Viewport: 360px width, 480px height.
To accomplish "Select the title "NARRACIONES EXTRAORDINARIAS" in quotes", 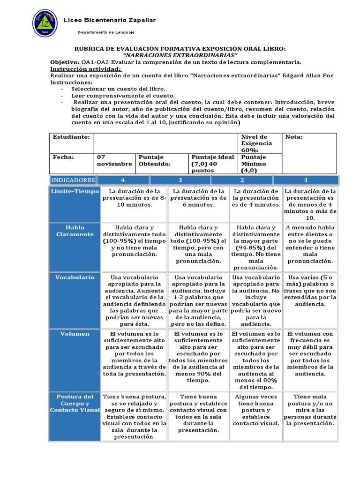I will click(x=180, y=55).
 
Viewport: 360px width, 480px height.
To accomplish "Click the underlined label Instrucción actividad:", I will click(x=85, y=69).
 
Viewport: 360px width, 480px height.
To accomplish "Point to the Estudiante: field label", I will click(x=71, y=137).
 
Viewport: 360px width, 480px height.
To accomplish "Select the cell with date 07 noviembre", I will click(x=114, y=160).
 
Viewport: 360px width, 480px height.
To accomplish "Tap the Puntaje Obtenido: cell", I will click(x=153, y=160).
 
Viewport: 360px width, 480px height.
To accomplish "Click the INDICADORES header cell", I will click(x=73, y=180).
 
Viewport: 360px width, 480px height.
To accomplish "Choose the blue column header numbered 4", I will click(x=123, y=180).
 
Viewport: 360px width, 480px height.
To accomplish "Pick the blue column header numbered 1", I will click(x=306, y=180).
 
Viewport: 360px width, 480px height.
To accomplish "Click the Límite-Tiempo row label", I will click(x=75, y=191).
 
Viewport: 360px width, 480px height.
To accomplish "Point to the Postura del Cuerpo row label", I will click(x=75, y=403).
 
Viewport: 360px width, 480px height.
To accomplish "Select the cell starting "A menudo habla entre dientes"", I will click(x=310, y=244).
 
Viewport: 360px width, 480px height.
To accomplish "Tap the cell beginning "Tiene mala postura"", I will click(x=310, y=410).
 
